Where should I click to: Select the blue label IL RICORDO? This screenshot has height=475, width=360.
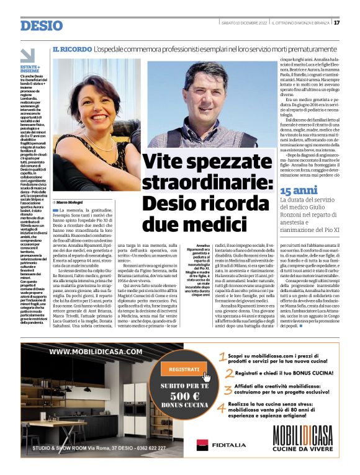pyautogui.click(x=73, y=48)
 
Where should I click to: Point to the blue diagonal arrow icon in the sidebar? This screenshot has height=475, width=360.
pyautogui.click(x=27, y=55)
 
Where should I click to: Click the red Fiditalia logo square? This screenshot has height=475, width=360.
pyautogui.click(x=202, y=445)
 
